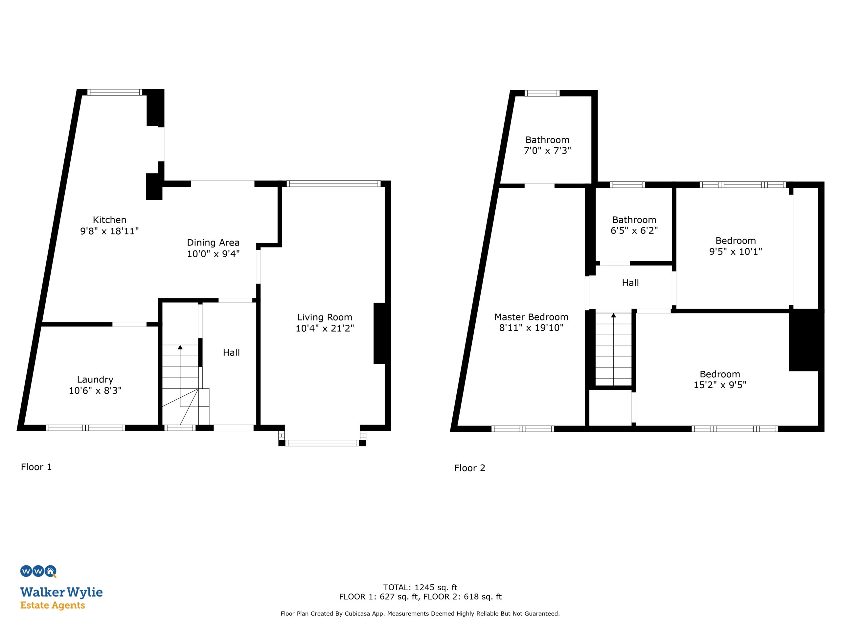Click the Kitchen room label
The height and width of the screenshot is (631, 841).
(109, 220)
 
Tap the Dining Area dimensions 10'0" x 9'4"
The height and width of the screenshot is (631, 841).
(213, 254)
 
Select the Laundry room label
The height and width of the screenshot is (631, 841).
(95, 380)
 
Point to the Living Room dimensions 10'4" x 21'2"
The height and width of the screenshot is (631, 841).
(325, 328)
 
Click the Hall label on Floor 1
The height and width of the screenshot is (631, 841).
(231, 353)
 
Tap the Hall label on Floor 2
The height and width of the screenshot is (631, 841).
(630, 283)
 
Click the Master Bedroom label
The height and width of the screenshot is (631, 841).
(531, 317)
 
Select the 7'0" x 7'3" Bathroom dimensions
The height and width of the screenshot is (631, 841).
(548, 151)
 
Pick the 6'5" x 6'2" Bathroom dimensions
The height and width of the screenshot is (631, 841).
(634, 230)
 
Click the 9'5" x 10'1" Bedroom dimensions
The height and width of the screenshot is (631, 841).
(736, 251)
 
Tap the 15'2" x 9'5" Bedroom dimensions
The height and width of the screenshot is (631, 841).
(720, 385)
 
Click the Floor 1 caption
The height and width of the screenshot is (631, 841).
(36, 467)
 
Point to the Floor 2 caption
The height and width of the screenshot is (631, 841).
(469, 468)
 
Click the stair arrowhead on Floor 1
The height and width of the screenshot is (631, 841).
(180, 347)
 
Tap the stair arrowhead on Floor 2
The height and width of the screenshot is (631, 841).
(613, 315)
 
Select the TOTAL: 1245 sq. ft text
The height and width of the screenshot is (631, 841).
(420, 587)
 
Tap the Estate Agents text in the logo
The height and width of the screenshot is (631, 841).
(53, 605)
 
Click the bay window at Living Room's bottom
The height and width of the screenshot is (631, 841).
(322, 442)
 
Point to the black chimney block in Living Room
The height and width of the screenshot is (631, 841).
(379, 333)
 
